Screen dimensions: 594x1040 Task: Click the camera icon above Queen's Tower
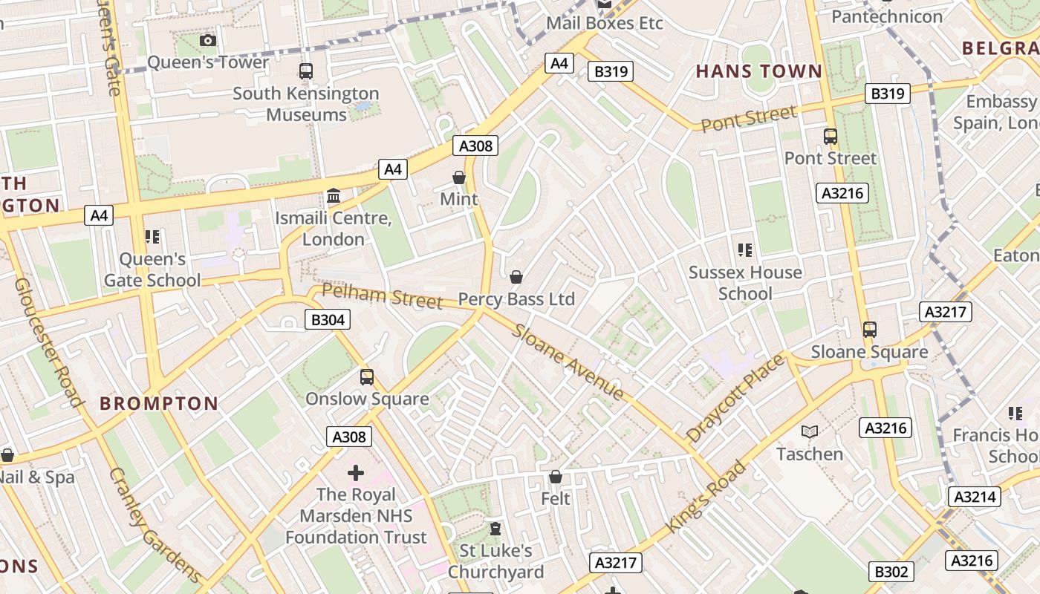[x=208, y=40]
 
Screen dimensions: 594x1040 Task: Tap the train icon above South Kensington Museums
[x=305, y=71]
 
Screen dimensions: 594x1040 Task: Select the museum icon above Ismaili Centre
[x=334, y=196]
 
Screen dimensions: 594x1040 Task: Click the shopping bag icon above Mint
[x=459, y=177]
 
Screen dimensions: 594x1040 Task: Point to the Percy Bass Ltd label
[x=516, y=299]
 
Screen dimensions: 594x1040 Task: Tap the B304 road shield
[x=327, y=319]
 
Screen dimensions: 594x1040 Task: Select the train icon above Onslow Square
[x=367, y=376]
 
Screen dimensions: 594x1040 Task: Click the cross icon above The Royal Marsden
[x=356, y=472]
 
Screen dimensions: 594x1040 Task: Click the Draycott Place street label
[x=735, y=399]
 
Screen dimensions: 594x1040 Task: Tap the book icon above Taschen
[x=809, y=431]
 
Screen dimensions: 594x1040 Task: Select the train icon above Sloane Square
[x=869, y=329]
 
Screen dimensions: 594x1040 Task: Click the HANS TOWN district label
[x=758, y=72]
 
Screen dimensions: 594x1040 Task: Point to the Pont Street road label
[x=749, y=119]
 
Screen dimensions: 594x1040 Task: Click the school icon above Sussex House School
[x=745, y=250]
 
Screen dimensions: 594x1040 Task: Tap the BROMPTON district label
[x=159, y=404]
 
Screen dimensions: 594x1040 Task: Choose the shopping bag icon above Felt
[x=556, y=477]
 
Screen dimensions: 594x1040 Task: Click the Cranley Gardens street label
[x=155, y=524]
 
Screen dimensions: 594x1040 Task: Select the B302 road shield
[x=890, y=572]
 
